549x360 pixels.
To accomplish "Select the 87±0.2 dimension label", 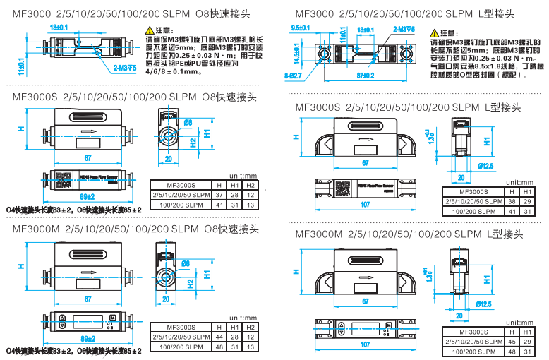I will pyautogui.click(x=365, y=73).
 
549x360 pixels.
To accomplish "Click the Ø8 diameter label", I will pyautogui.click(x=188, y=123).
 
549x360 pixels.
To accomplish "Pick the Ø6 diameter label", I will pyautogui.click(x=186, y=263).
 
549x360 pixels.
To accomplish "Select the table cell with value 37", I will pyautogui.click(x=218, y=194).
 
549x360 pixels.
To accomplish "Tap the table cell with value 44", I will pyautogui.click(x=218, y=337).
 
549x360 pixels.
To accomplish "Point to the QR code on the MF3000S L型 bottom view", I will pyautogui.click(x=344, y=187).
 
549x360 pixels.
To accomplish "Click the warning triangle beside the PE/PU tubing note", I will pyautogui.click(x=149, y=30).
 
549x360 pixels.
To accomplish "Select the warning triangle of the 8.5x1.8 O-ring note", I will pyautogui.click(x=434, y=33).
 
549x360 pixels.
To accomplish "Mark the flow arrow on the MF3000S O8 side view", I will pyautogui.click(x=88, y=131).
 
